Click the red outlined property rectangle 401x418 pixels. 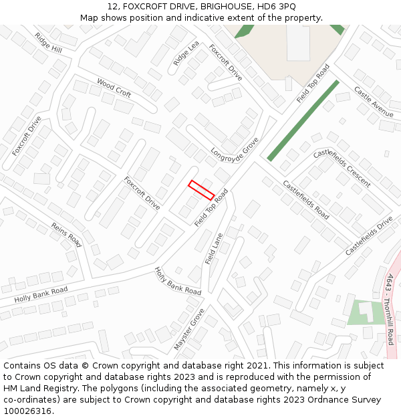[201, 190]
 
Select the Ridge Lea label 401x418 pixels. [186, 54]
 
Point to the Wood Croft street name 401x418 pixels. [114, 88]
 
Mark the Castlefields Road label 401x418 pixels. [305, 199]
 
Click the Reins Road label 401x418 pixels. [65, 235]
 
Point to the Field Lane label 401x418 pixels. [213, 248]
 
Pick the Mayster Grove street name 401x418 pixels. [189, 329]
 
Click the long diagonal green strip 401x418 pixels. [303, 120]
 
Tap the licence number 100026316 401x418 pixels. [28, 411]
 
